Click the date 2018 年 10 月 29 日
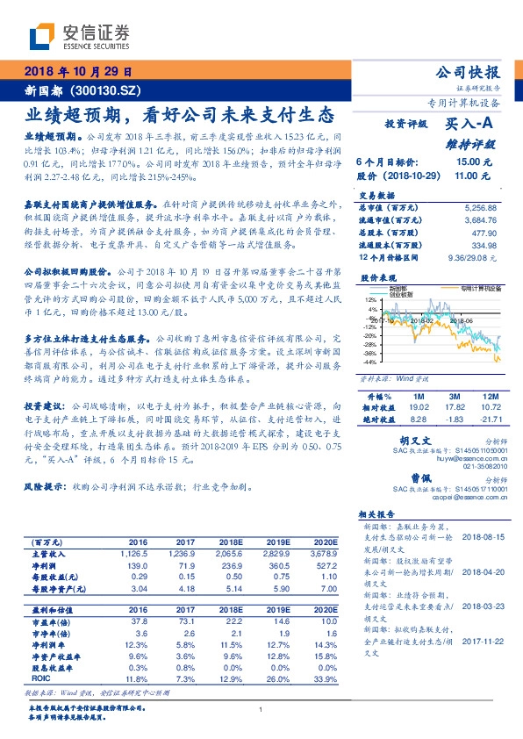pyautogui.click(x=76, y=72)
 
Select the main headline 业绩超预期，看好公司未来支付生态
pyautogui.click(x=177, y=115)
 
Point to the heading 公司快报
pyautogui.click(x=474, y=72)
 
